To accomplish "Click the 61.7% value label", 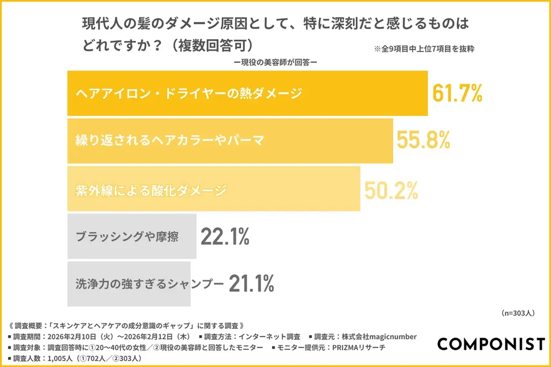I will point(457,93).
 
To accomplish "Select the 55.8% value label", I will point(423,141).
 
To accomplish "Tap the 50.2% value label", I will point(391,189).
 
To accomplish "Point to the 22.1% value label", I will point(225,236).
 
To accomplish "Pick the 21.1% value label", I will point(251,283).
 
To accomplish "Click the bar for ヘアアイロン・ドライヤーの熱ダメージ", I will point(247,93).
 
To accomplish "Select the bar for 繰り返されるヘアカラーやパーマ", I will point(230,141).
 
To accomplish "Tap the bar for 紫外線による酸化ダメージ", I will point(213,189).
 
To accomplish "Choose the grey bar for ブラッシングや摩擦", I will point(131,236).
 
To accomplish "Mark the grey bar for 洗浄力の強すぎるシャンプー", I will point(129,284).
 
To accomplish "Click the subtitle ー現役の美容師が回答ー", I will point(275,62).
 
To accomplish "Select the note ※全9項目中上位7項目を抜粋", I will point(423,48).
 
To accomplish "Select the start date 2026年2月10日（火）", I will point(79,337).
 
